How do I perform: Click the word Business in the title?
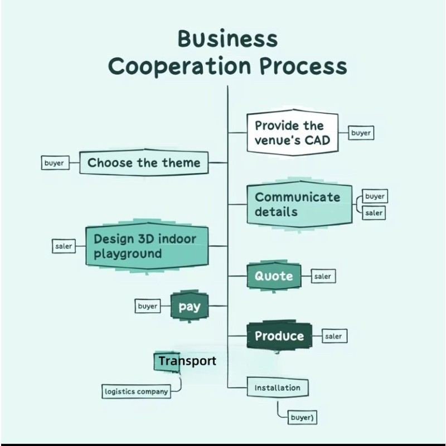[x=227, y=40]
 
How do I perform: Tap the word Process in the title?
[x=304, y=66]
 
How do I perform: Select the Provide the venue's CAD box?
[x=292, y=133]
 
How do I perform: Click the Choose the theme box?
[x=143, y=163]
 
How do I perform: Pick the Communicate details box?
[x=299, y=204]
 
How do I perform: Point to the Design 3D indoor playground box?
[x=147, y=246]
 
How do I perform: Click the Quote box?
[x=274, y=276]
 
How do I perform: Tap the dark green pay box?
[x=189, y=307]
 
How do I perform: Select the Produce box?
[x=279, y=336]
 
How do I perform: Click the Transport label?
[x=187, y=361]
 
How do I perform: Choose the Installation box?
[x=277, y=387]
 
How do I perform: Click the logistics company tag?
[x=136, y=391]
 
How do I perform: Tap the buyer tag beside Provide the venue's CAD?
[x=361, y=133]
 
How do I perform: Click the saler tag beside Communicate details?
[x=374, y=212]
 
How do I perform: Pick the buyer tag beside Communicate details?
[x=375, y=196]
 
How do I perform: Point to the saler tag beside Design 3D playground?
[x=64, y=246]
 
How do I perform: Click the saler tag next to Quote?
[x=322, y=276]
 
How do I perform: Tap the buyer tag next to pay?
[x=147, y=306]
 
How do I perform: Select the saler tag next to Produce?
[x=333, y=336]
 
